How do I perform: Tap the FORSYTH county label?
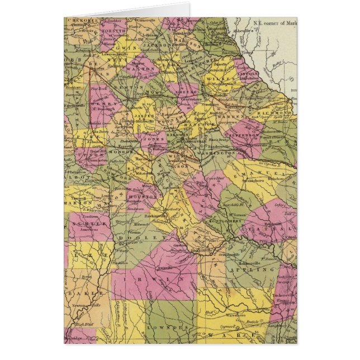click(110, 32)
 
